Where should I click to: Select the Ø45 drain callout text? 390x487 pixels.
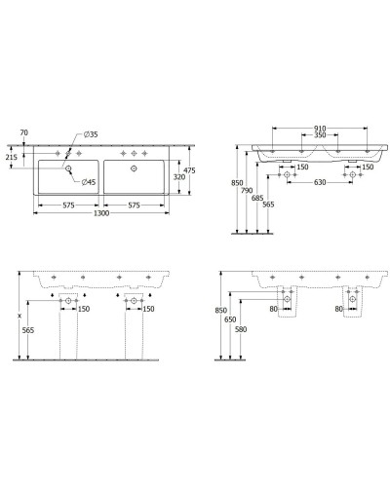tap(88, 182)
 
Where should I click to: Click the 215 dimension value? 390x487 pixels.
tap(11, 156)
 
